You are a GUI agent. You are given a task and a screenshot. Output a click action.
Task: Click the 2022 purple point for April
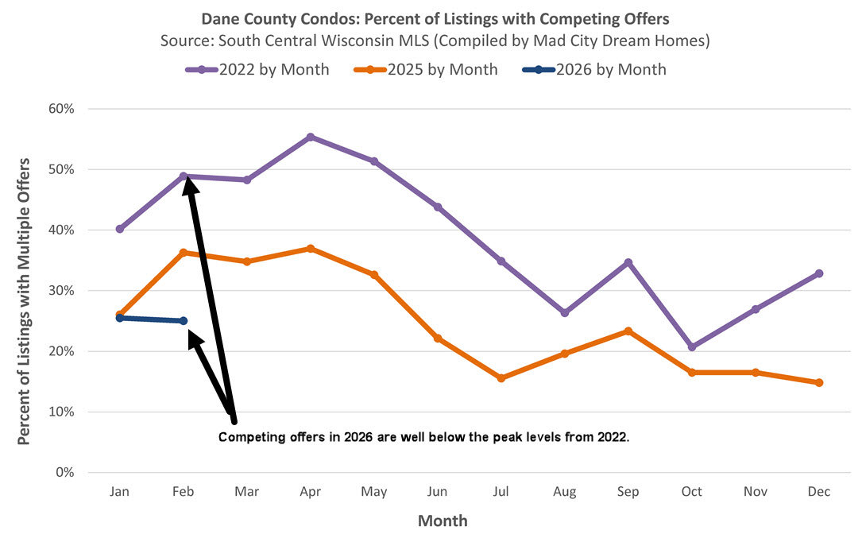(x=311, y=137)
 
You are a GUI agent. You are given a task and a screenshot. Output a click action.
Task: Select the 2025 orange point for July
(x=501, y=378)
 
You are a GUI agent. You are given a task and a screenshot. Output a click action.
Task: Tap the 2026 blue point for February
(x=184, y=321)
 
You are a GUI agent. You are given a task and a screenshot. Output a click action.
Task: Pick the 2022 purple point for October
(x=692, y=347)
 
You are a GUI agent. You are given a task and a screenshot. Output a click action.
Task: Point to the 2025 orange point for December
(x=819, y=382)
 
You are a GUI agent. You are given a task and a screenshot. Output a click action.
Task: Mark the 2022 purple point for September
(x=628, y=262)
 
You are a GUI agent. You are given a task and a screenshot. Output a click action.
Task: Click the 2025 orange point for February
(x=184, y=253)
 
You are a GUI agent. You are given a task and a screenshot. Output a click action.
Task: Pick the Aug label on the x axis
(x=565, y=492)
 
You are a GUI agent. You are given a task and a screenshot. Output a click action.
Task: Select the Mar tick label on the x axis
(x=247, y=492)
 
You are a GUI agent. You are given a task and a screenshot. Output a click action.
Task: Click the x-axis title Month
(x=443, y=520)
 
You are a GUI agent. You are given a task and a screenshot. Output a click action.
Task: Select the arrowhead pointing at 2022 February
(x=188, y=184)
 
